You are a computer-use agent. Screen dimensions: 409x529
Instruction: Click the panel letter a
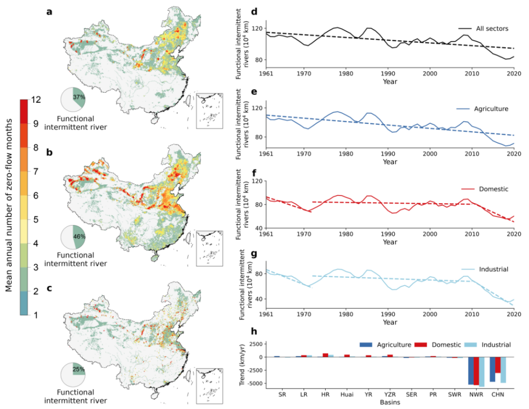click(49, 12)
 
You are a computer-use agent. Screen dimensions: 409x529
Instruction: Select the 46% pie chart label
click(79, 236)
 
